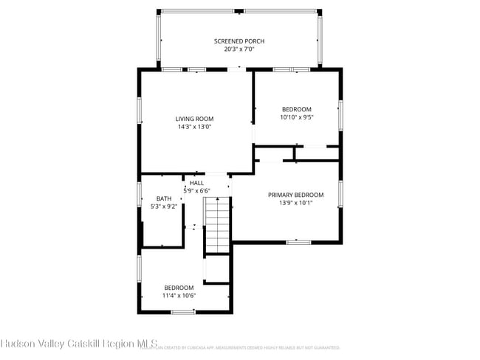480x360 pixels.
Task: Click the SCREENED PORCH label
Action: click(x=239, y=41)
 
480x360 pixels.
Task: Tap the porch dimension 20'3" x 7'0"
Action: click(x=239, y=49)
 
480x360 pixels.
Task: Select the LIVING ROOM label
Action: click(x=194, y=119)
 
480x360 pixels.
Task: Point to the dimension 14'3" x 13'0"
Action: click(x=194, y=127)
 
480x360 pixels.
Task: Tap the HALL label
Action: click(x=196, y=183)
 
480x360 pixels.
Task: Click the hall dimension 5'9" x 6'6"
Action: click(x=196, y=191)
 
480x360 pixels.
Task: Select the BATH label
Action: click(x=163, y=198)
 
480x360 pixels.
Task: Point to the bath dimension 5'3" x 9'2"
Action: click(x=163, y=207)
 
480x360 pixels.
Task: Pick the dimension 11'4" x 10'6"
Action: click(x=179, y=296)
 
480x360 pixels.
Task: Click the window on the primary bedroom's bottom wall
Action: click(x=298, y=241)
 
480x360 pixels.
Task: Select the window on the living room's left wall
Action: click(x=139, y=111)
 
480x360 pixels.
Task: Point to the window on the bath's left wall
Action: click(x=139, y=195)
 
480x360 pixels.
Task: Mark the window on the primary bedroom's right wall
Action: click(x=341, y=193)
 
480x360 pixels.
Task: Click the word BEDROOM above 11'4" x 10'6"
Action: click(x=179, y=288)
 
